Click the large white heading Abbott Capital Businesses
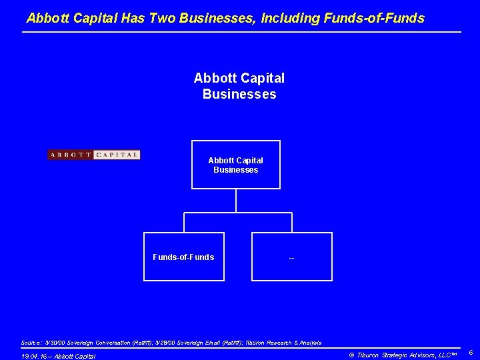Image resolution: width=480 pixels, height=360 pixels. click(x=239, y=86)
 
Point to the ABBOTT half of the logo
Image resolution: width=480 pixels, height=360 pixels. click(x=70, y=155)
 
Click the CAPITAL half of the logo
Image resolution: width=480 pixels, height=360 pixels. click(x=117, y=155)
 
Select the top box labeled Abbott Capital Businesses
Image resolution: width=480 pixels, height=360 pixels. click(x=235, y=165)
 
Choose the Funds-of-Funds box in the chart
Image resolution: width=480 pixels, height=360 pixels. click(x=184, y=257)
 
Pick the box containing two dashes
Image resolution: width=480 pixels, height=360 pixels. click(x=292, y=257)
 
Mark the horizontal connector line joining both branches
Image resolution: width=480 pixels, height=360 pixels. click(x=238, y=213)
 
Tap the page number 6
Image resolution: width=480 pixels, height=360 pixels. click(x=470, y=352)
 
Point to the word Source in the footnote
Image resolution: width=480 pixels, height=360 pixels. click(x=31, y=342)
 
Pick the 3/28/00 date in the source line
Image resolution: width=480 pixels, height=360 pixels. click(x=180, y=342)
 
